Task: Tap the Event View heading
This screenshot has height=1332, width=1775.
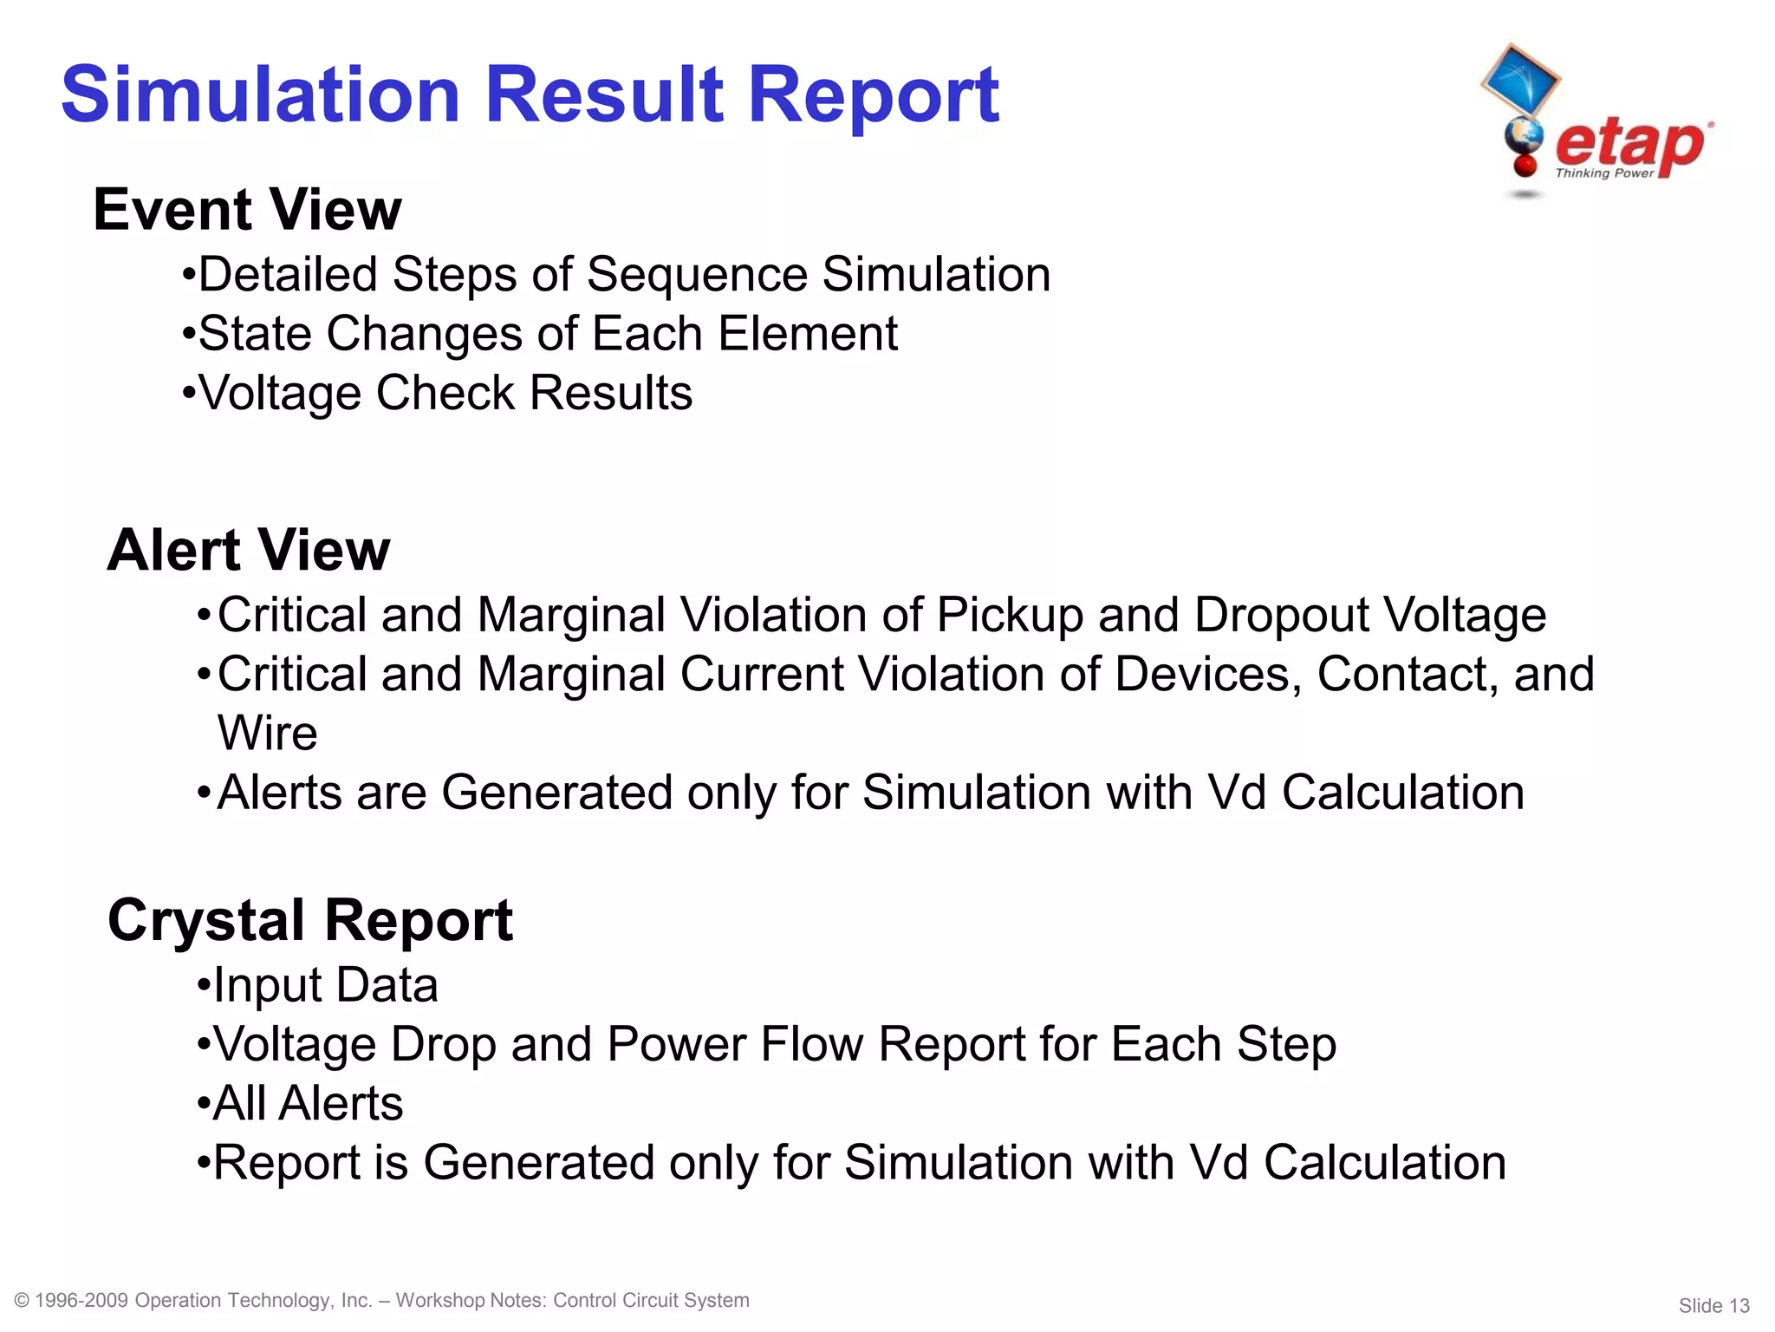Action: (x=247, y=210)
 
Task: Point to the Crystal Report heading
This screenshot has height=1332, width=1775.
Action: (x=310, y=920)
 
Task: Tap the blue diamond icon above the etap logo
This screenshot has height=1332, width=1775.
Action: (x=1520, y=79)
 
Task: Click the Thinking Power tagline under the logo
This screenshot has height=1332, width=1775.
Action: (x=1604, y=173)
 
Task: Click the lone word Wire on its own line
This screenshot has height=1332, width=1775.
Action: (x=267, y=734)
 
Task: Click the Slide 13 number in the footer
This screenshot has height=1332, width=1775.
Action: (x=1713, y=1306)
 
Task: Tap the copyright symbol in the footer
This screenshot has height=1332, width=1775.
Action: (x=23, y=1301)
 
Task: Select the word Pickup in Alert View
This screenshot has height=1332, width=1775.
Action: (x=1010, y=616)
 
